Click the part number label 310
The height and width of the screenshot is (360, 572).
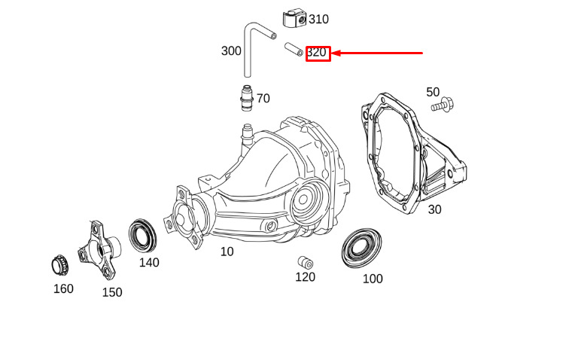[318, 19]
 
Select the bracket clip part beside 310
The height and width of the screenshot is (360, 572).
[294, 19]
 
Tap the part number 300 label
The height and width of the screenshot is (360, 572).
[231, 50]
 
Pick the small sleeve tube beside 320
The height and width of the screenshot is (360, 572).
[294, 49]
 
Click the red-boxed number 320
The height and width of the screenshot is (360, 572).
[317, 53]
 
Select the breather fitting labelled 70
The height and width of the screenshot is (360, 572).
[247, 98]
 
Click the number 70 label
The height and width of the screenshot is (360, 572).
[263, 99]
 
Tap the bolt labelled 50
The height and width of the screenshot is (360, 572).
[442, 105]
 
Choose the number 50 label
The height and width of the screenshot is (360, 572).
[433, 92]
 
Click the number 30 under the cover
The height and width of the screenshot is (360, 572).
[434, 209]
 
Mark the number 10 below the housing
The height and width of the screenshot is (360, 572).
[227, 252]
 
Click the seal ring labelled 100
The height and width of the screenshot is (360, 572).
[361, 248]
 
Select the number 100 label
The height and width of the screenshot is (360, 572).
[373, 279]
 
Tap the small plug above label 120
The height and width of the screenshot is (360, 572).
[306, 262]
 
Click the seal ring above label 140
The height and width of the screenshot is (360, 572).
[143, 235]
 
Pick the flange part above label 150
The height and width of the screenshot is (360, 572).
[99, 249]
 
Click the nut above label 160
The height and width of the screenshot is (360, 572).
[60, 265]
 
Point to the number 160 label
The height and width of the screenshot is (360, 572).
[63, 288]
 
